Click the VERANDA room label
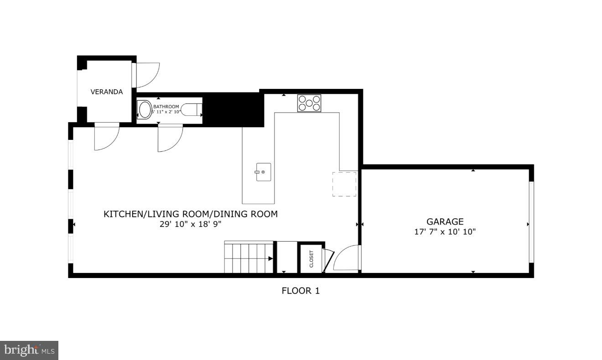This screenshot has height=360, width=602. pyautogui.click(x=106, y=92)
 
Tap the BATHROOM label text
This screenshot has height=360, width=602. pyautogui.click(x=166, y=107)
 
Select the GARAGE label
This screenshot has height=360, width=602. pyautogui.click(x=445, y=221)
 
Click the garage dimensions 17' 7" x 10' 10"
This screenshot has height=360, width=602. pyautogui.click(x=445, y=231)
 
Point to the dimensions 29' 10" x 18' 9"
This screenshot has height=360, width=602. pyautogui.click(x=190, y=224)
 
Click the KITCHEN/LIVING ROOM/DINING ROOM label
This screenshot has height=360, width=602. pyautogui.click(x=190, y=214)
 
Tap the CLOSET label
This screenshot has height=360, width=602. pyautogui.click(x=311, y=259)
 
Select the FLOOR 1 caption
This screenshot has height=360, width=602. pyautogui.click(x=301, y=291)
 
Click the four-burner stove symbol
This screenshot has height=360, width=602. pyautogui.click(x=309, y=103)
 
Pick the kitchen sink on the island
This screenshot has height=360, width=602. pyautogui.click(x=263, y=172)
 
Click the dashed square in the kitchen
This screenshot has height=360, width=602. pyautogui.click(x=344, y=184)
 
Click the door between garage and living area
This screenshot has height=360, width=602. pyautogui.click(x=347, y=259)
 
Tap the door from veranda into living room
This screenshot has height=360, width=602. pyautogui.click(x=106, y=136)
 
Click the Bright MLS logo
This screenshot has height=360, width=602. pyautogui.click(x=29, y=350)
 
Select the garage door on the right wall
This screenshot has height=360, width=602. pyautogui.click(x=531, y=222)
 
